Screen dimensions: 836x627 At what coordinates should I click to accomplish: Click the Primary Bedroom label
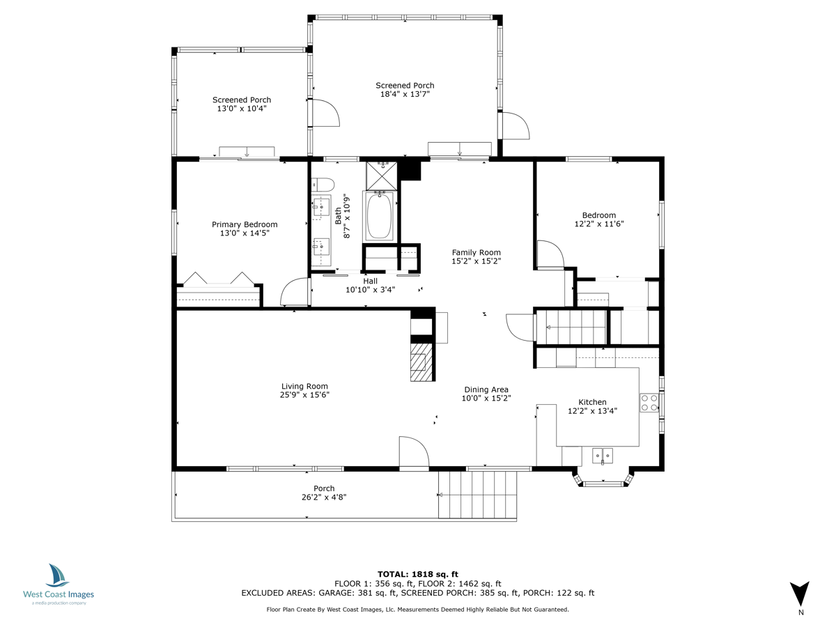coord(245,224)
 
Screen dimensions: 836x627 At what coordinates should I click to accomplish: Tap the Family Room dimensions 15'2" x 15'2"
coord(476,261)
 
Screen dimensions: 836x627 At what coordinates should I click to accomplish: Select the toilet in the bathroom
coord(323,185)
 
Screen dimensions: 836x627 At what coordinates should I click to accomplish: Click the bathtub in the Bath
coord(379,216)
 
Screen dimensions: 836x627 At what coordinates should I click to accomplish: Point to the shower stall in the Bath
coord(381,176)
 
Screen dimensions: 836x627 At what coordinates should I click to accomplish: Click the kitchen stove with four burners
coord(649,403)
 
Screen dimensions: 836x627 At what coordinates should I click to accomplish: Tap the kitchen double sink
coord(603,456)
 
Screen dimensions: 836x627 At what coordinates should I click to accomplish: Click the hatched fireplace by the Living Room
coord(421,362)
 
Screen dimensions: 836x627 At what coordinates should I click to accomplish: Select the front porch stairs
coord(477,495)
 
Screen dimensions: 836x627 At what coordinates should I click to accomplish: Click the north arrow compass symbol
coord(800,594)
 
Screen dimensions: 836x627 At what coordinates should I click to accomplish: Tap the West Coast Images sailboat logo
coord(57,575)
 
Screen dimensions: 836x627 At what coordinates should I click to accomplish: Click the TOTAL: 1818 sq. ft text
coord(418,574)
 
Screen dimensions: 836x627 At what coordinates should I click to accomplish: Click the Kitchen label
coord(592,402)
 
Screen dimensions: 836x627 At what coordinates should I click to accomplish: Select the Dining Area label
coord(486,389)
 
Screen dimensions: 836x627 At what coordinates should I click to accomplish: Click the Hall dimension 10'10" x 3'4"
coord(370,290)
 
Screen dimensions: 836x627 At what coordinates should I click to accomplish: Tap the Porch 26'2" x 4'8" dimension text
coord(324,497)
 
